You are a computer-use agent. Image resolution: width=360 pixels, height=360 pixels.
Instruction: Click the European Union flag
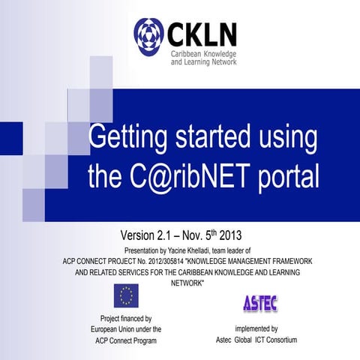(x=125, y=297)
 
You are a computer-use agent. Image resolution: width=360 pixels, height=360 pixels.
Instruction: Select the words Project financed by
(x=126, y=318)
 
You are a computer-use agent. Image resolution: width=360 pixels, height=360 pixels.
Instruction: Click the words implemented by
(x=256, y=329)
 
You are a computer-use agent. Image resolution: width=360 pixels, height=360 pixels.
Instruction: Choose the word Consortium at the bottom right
(x=277, y=340)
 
